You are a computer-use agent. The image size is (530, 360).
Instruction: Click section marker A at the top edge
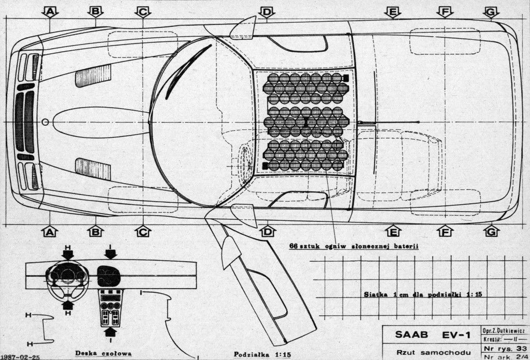click(50, 11)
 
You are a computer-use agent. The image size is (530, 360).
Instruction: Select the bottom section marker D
click(267, 231)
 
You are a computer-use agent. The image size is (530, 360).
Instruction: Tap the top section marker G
click(491, 11)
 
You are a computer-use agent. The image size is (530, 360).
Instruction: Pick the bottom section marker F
click(445, 231)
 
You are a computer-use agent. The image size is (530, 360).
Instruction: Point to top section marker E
click(393, 11)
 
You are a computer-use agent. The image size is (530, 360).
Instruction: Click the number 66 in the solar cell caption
click(294, 246)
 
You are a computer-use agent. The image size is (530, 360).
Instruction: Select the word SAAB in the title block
click(413, 335)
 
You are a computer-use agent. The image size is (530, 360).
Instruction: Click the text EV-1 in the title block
click(455, 335)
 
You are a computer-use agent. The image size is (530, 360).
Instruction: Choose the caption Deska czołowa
click(103, 354)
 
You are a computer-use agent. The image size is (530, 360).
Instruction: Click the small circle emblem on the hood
click(45, 122)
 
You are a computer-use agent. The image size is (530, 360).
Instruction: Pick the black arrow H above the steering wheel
click(68, 253)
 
